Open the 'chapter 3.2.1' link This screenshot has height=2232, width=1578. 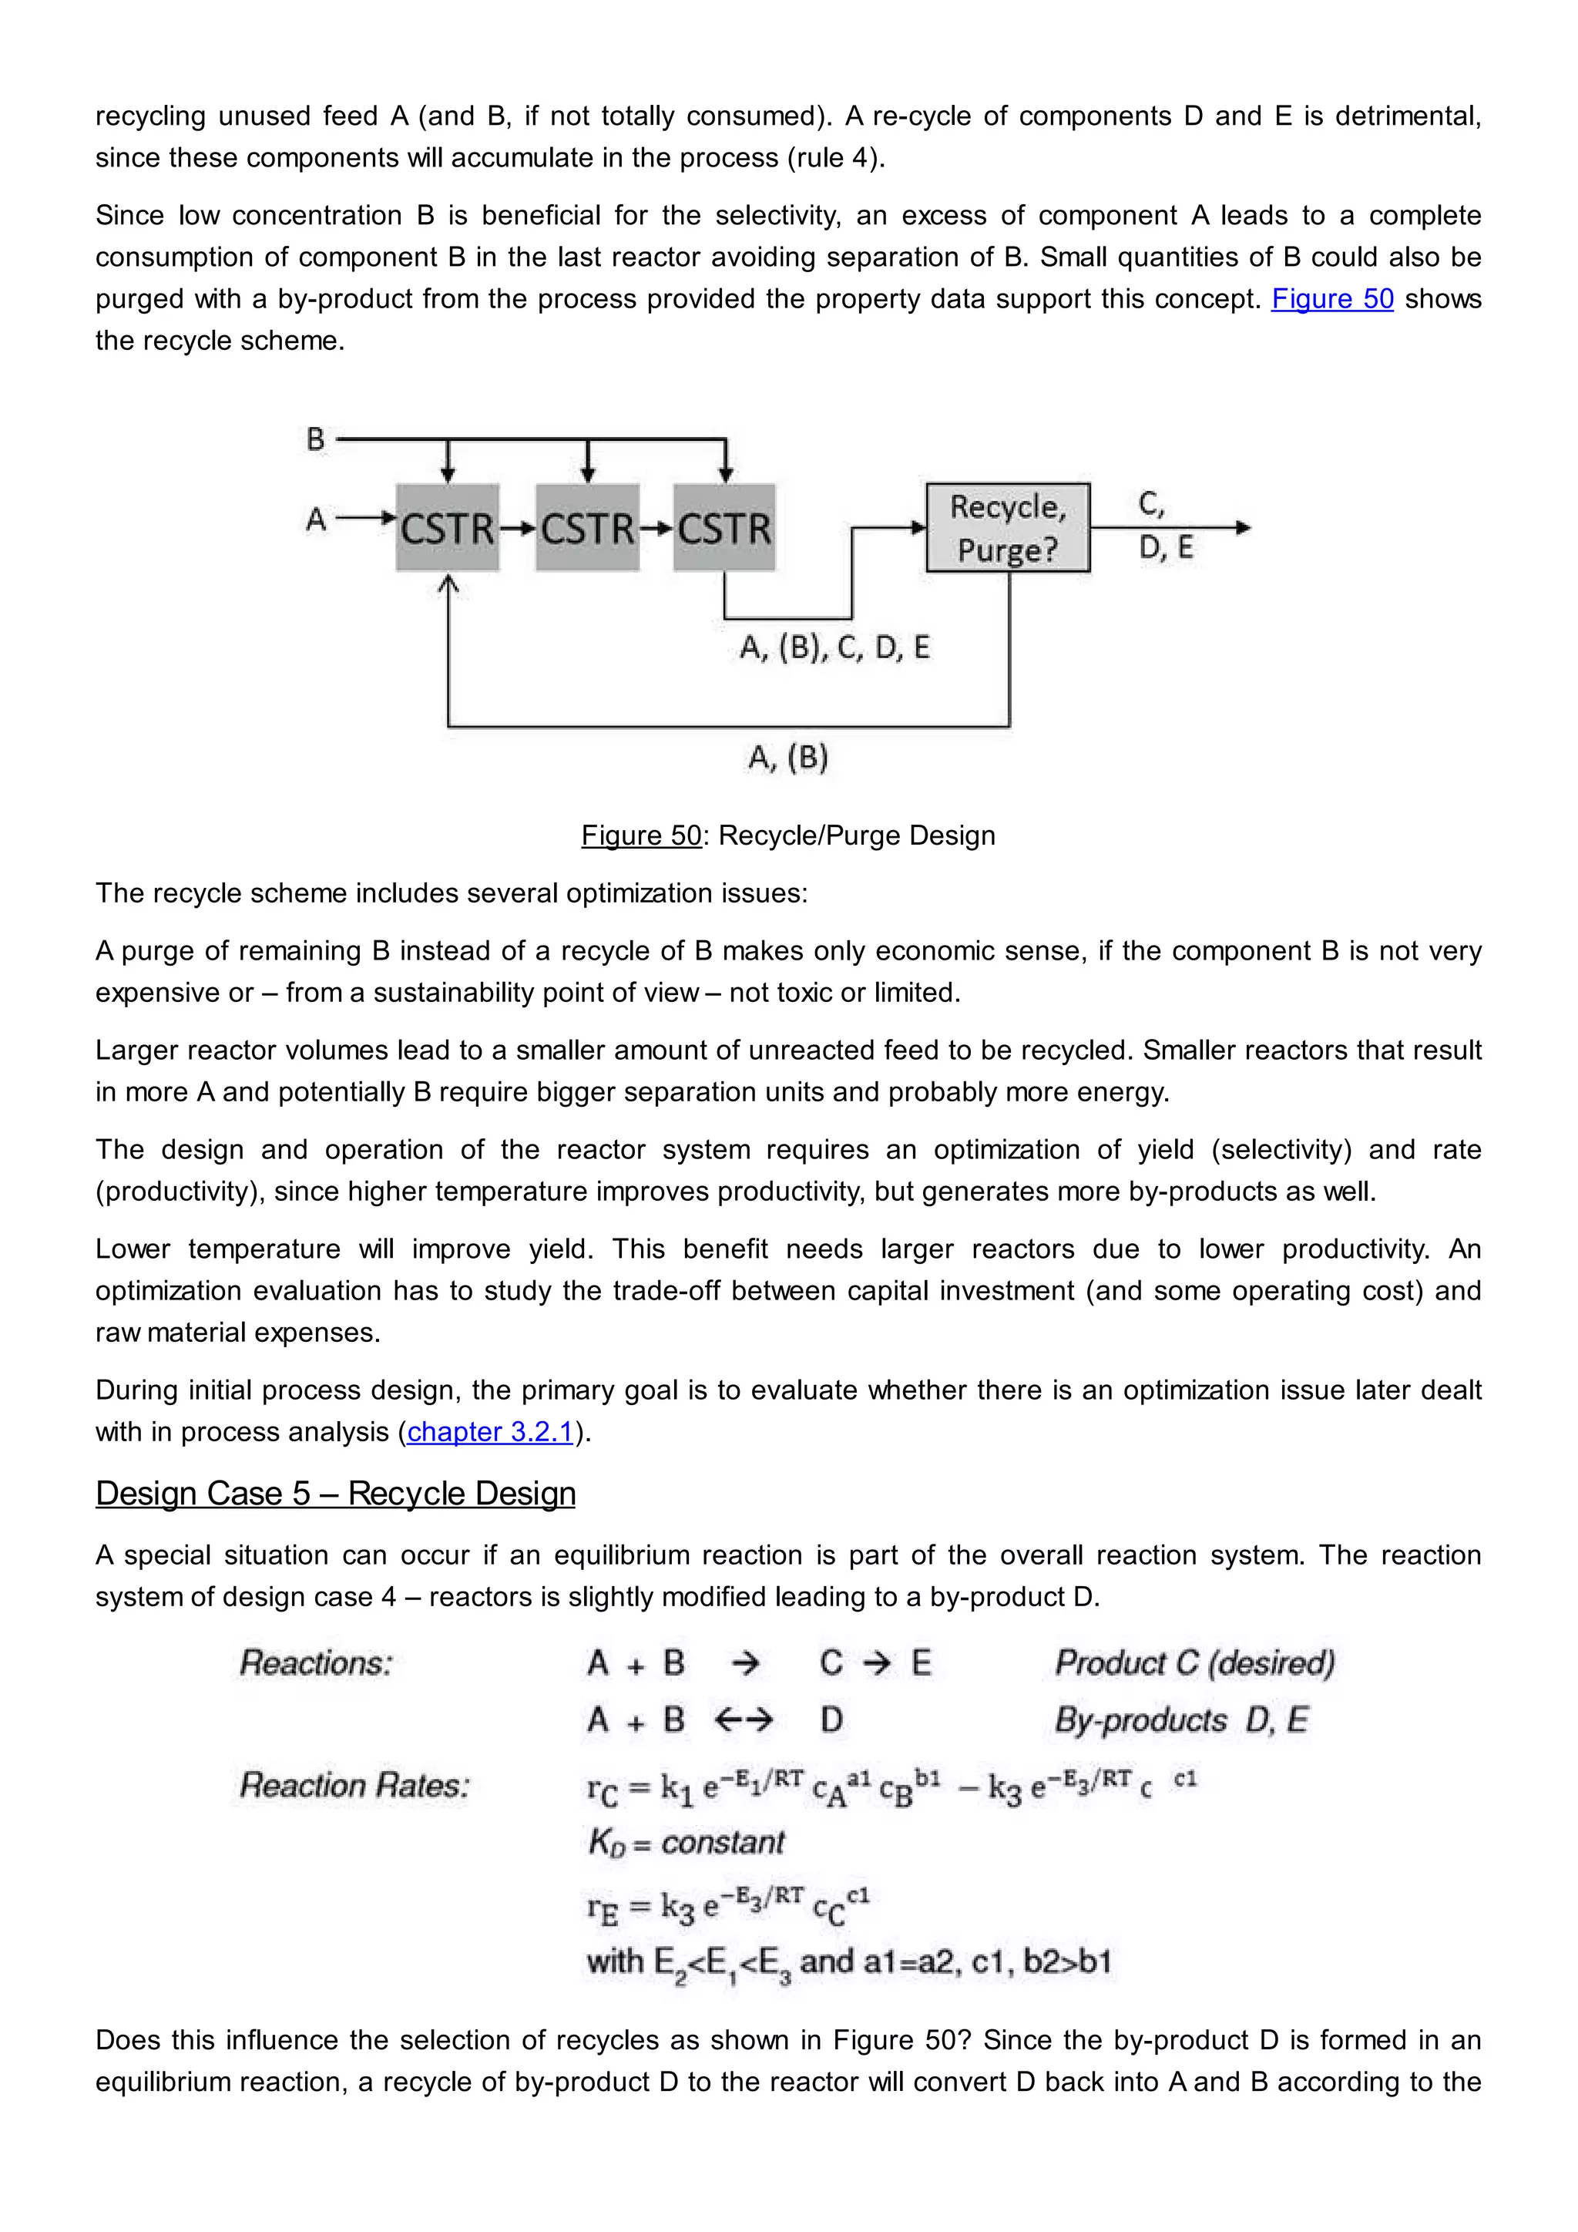click(490, 1432)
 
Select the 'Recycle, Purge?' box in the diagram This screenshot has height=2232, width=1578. click(1008, 528)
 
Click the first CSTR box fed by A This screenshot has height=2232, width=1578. click(447, 528)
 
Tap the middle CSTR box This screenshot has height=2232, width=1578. click(587, 528)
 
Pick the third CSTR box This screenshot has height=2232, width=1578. click(724, 528)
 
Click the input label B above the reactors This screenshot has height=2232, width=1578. click(316, 439)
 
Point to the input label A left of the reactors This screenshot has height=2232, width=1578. click(316, 520)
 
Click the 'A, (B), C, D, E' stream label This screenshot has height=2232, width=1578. click(834, 647)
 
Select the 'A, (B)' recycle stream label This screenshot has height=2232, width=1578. click(788, 758)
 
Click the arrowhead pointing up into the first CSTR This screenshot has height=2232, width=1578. click(448, 583)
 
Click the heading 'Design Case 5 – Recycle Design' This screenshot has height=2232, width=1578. click(335, 1493)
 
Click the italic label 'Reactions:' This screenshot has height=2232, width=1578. click(316, 1663)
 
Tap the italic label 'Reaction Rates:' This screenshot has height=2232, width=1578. click(354, 1785)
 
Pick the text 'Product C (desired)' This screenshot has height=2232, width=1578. click(1194, 1663)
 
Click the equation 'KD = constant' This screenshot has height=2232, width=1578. click(686, 1842)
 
